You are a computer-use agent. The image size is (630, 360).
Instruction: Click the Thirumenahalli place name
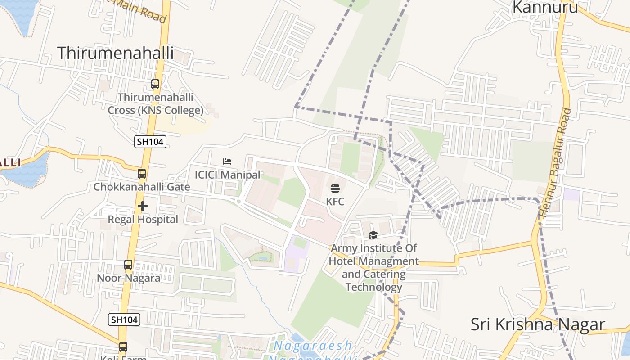click(115, 53)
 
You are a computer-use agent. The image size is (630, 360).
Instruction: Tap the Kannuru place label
click(545, 7)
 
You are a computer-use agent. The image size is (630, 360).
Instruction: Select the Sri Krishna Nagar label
click(538, 324)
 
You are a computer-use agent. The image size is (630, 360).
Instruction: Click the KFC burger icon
click(335, 189)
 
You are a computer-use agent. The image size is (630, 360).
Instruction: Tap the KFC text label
click(335, 201)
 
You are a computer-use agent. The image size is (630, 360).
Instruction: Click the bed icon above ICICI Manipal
click(227, 162)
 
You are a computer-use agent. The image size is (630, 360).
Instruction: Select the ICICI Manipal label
click(227, 175)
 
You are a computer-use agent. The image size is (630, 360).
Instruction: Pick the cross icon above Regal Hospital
click(143, 207)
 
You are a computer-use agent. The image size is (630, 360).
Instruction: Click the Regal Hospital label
click(143, 220)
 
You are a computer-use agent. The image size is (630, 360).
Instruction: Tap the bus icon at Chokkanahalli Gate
click(142, 173)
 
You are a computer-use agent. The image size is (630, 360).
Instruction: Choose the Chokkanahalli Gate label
click(142, 187)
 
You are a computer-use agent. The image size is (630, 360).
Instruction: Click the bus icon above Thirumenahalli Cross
click(155, 84)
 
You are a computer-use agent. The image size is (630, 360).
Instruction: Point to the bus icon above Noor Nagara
click(128, 265)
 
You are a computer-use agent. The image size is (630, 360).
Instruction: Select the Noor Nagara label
click(129, 278)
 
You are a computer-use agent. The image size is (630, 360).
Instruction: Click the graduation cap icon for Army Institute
click(373, 235)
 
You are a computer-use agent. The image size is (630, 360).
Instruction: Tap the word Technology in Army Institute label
click(373, 287)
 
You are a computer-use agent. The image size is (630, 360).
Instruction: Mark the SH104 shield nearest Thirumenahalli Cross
click(150, 142)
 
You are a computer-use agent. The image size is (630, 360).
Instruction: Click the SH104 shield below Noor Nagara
click(124, 320)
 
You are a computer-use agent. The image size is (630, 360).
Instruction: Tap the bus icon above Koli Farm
click(123, 347)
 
